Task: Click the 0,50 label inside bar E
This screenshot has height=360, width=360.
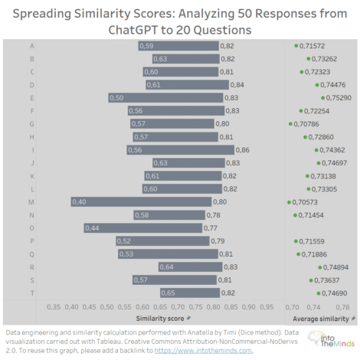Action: coord(116,97)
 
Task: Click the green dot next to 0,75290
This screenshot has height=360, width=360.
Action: coord(322,97)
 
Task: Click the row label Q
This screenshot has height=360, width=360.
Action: coord(31,254)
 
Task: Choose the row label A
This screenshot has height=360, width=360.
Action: coord(31,46)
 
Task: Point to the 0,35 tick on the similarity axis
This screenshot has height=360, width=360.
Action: coord(54,306)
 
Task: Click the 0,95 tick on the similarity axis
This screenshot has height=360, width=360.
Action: coord(266,306)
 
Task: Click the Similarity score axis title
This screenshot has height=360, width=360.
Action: coord(159,317)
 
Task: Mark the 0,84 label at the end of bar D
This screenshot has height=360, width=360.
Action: coord(237,84)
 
